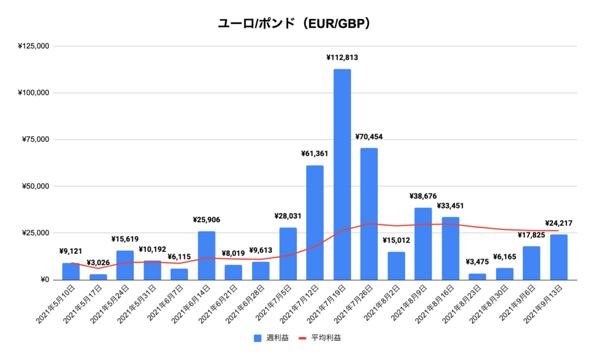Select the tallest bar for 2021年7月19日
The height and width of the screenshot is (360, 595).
342,174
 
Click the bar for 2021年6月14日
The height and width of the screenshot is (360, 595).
206,255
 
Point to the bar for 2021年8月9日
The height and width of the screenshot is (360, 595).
423,244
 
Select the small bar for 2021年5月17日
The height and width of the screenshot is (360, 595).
98,277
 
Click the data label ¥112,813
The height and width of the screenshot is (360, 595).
342,57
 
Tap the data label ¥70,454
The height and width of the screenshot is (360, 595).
369,137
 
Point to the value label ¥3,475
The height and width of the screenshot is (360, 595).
477,262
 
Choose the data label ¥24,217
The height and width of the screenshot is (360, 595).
559,223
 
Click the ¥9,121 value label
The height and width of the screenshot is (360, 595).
71,251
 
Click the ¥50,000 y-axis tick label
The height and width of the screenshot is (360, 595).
35,186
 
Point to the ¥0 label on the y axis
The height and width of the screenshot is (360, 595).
44,280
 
